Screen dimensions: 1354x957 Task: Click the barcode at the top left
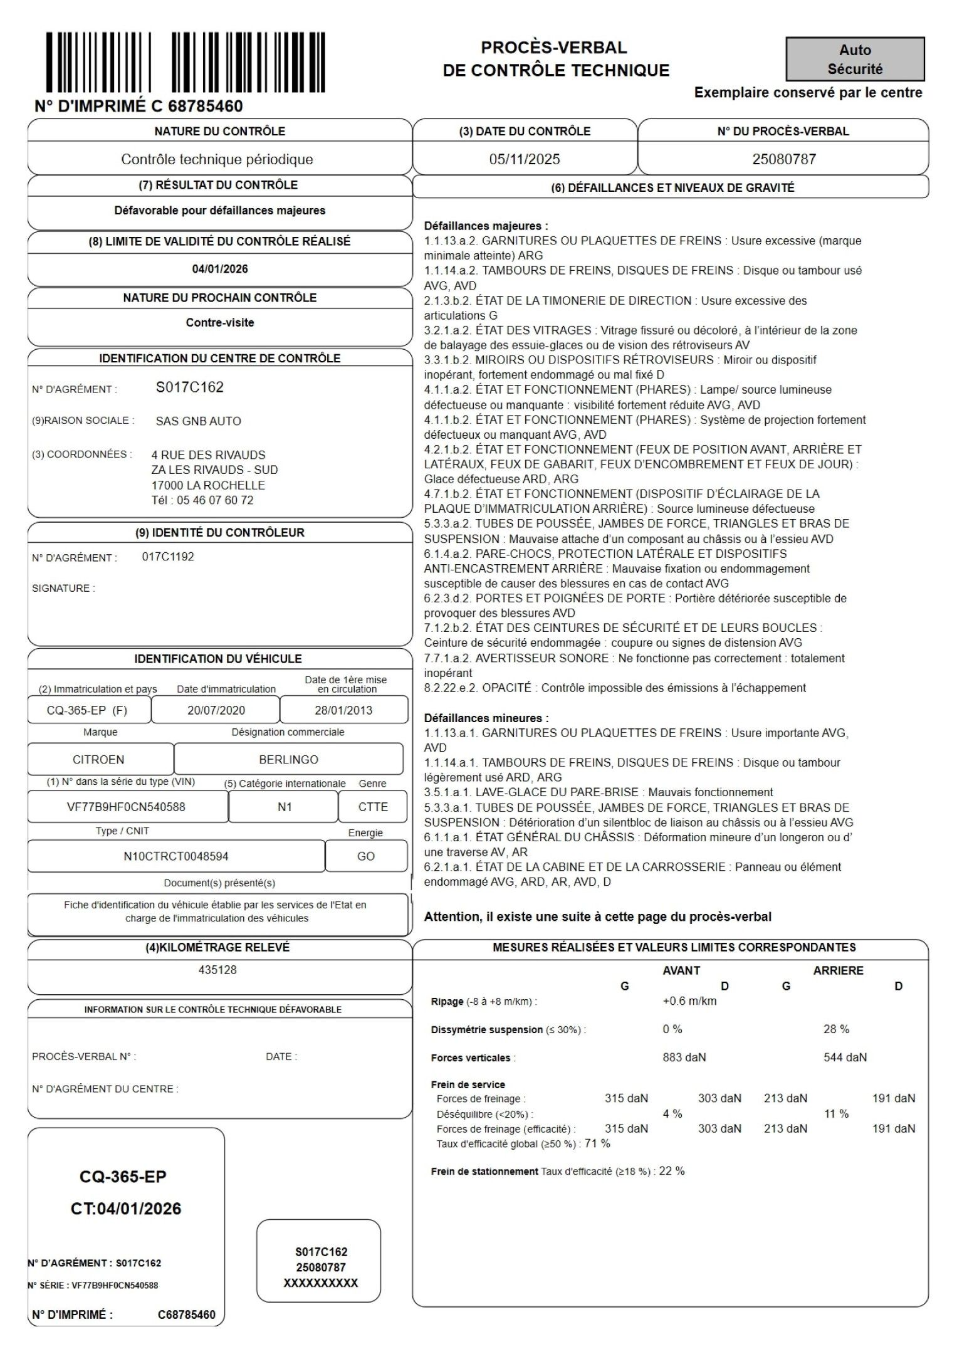[186, 63]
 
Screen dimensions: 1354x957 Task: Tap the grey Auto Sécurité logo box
[855, 60]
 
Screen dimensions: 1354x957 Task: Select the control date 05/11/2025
[525, 159]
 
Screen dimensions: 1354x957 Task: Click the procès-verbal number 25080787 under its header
[784, 159]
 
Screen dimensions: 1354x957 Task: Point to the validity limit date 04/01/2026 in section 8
[220, 269]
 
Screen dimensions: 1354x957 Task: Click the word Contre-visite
[220, 323]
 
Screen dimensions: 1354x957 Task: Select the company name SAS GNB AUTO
[199, 421]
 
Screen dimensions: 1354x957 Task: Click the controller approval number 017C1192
[168, 557]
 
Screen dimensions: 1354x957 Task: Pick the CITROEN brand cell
[99, 760]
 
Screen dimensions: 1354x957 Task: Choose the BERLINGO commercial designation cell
[288, 760]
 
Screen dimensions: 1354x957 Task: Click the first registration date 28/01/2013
[343, 710]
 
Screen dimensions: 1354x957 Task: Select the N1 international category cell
[285, 807]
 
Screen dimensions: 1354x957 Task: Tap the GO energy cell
[366, 856]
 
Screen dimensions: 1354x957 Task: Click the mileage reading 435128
[217, 970]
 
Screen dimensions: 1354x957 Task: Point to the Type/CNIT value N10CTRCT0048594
[176, 856]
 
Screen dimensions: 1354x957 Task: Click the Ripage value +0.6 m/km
[689, 1001]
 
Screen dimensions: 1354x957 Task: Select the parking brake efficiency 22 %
[672, 1171]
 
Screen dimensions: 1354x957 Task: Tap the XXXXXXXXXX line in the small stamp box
[321, 1283]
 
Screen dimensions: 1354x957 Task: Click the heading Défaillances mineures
[486, 718]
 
